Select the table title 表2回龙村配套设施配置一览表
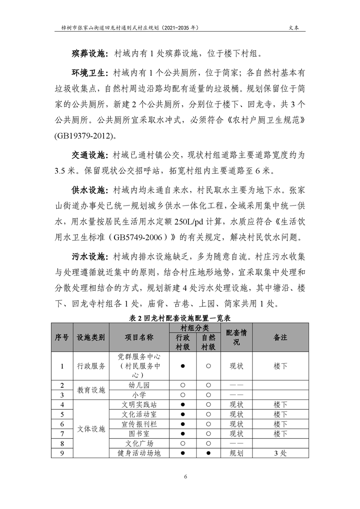tap(180, 319)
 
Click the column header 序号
tap(62, 338)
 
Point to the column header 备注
tap(281, 338)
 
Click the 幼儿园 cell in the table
tap(139, 385)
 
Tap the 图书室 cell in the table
tap(139, 433)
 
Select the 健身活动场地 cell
tap(139, 453)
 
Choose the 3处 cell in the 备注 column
tap(281, 453)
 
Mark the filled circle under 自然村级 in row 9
tap(208, 453)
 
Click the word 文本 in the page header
tap(294, 27)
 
